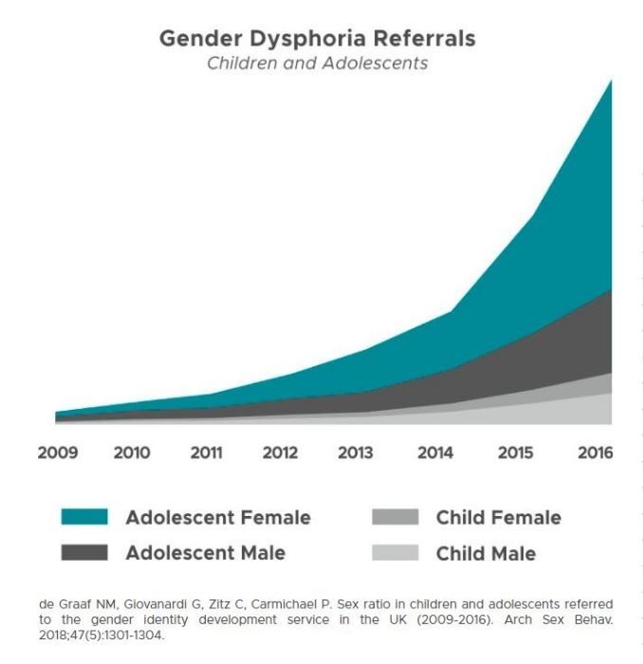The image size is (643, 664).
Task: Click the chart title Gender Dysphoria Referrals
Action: coord(317,39)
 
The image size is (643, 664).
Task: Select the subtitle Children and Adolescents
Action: coord(318,64)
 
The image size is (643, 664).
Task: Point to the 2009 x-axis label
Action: coord(57,452)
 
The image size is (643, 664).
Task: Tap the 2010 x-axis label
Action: coord(132,452)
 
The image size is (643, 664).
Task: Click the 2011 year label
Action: coord(206,452)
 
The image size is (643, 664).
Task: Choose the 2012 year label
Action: coord(280,452)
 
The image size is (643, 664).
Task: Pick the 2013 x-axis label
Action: coord(356,452)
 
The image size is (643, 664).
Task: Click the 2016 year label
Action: coord(595,452)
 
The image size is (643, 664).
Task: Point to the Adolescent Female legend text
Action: coord(218,518)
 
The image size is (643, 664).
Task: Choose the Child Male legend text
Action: coord(486,553)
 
